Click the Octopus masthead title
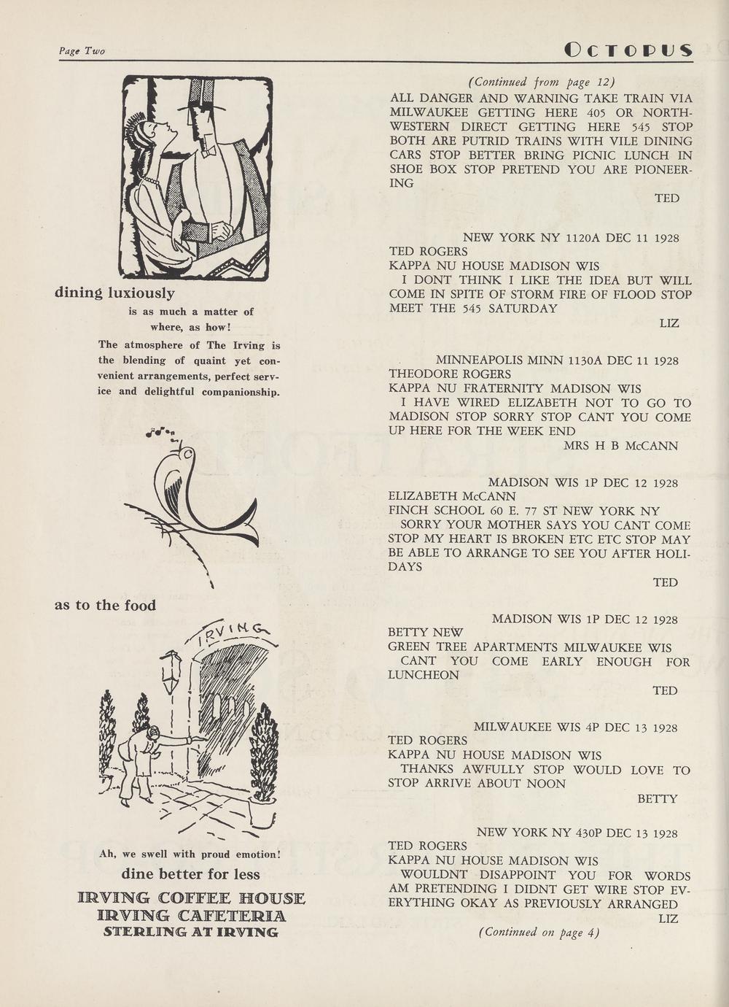628,50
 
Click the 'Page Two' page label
82,51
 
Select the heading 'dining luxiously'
114,293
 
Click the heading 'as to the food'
105,606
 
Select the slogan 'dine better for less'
190,874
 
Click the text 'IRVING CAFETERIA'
191,916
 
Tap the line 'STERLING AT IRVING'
191,932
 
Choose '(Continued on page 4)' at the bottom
539,932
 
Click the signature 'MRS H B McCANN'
621,445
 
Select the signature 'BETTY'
658,799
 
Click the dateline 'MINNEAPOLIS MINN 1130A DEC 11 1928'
557,360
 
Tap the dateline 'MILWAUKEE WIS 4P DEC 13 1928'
575,728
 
